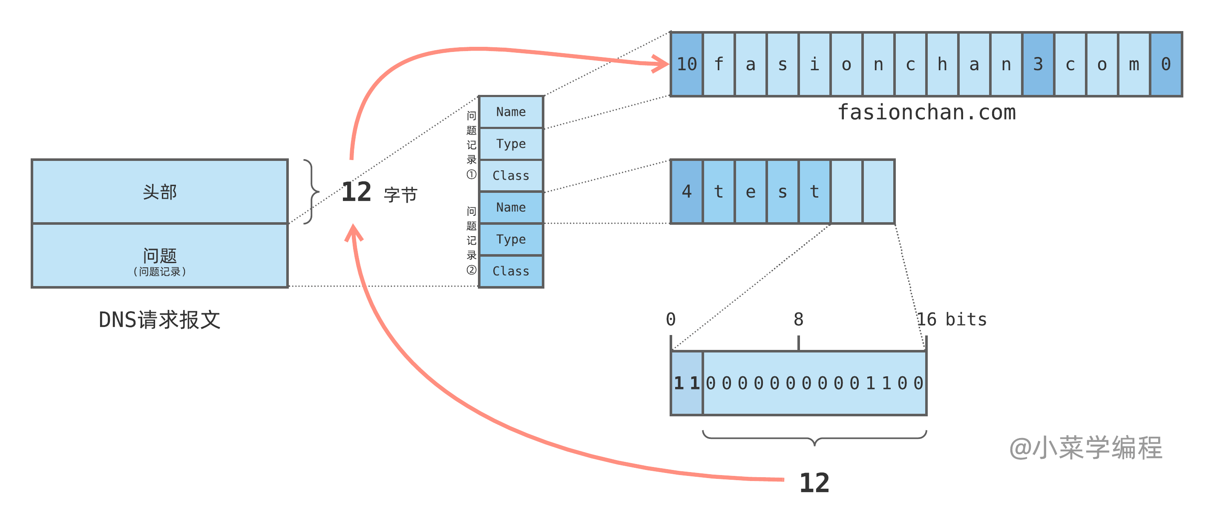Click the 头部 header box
pyautogui.click(x=160, y=192)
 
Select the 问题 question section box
pyautogui.click(x=160, y=256)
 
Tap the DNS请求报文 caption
pyautogui.click(x=160, y=320)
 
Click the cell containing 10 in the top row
pyautogui.click(x=687, y=64)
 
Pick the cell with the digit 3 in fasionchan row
pyautogui.click(x=1038, y=64)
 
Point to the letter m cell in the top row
pyautogui.click(x=1134, y=64)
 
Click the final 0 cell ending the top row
pyautogui.click(x=1166, y=64)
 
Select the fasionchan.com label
pyautogui.click(x=926, y=112)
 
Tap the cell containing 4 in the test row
pyautogui.click(x=687, y=192)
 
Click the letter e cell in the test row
pyautogui.click(x=751, y=192)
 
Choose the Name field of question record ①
pyautogui.click(x=511, y=112)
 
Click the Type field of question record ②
pyautogui.click(x=511, y=239)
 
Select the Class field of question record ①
pyautogui.click(x=511, y=176)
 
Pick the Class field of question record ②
pyautogui.click(x=511, y=271)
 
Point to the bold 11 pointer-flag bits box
pyautogui.click(x=687, y=383)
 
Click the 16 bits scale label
pyautogui.click(x=951, y=320)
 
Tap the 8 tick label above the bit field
pyautogui.click(x=798, y=320)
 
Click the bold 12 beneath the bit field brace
pyautogui.click(x=814, y=483)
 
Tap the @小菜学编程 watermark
pyautogui.click(x=1085, y=447)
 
